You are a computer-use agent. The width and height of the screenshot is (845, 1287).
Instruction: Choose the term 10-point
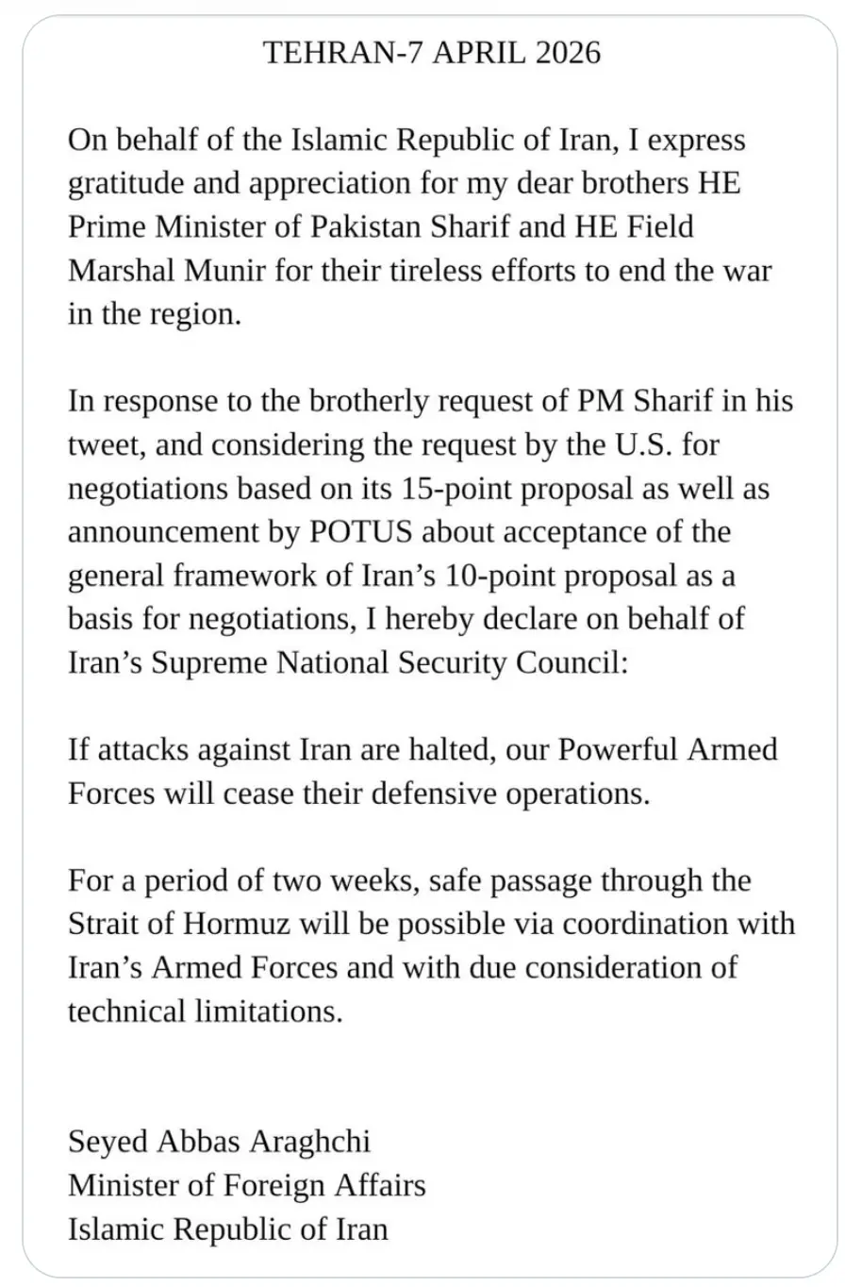[x=491, y=575]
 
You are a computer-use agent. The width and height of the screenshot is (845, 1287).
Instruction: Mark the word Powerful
[x=613, y=750]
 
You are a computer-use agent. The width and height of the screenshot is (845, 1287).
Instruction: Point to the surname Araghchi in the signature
[x=309, y=1142]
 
